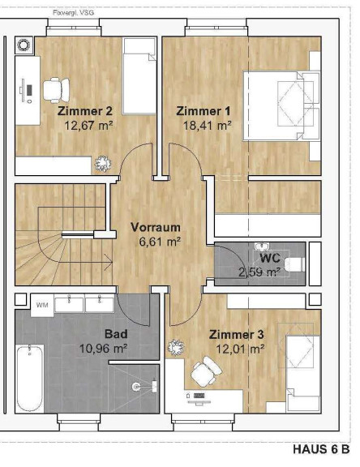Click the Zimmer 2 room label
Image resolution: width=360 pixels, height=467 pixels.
pyautogui.click(x=85, y=111)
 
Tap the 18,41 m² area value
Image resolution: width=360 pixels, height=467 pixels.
pyautogui.click(x=208, y=126)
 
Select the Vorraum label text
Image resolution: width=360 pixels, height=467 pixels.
pyautogui.click(x=156, y=227)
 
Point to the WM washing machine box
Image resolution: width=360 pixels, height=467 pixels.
pyautogui.click(x=42, y=305)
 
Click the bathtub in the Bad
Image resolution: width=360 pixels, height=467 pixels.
pyautogui.click(x=29, y=379)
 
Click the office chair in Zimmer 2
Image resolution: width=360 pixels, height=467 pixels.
pyautogui.click(x=56, y=90)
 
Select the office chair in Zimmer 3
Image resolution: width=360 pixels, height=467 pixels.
pyautogui.click(x=206, y=371)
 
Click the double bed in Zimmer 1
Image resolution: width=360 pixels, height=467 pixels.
pyautogui.click(x=281, y=105)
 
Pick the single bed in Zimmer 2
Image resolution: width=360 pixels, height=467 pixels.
pyautogui.click(x=140, y=76)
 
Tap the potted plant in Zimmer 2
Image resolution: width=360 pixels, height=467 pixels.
pyautogui.click(x=103, y=164)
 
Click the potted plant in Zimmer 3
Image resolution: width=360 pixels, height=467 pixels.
pyautogui.click(x=176, y=347)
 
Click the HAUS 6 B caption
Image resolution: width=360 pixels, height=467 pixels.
pyautogui.click(x=321, y=449)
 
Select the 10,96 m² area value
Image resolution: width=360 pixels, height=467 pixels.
pyautogui.click(x=104, y=348)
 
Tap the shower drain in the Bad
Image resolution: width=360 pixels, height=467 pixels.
pyautogui.click(x=136, y=387)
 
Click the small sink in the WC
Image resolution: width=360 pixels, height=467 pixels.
pyautogui.click(x=262, y=246)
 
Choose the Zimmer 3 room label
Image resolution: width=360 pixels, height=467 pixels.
pyautogui.click(x=237, y=335)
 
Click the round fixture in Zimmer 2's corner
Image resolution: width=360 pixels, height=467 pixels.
pyautogui.click(x=24, y=45)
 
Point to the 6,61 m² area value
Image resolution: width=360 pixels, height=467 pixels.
pyautogui.click(x=160, y=242)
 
